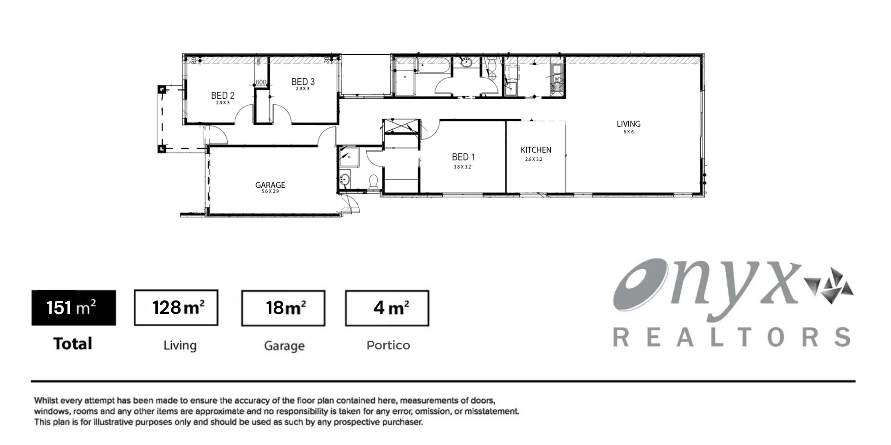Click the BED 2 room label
223,95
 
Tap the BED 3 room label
303,82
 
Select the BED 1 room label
463,157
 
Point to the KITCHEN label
536,150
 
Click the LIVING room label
628,124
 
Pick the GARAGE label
270,185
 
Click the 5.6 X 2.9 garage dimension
270,191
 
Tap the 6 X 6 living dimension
628,132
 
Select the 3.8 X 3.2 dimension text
462,167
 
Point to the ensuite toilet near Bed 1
374,181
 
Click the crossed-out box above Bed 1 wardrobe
401,126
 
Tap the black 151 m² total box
73,308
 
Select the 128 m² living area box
176,308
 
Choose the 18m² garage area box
283,308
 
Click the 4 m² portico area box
387,308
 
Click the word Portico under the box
388,345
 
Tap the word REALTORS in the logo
731,337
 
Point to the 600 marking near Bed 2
261,83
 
